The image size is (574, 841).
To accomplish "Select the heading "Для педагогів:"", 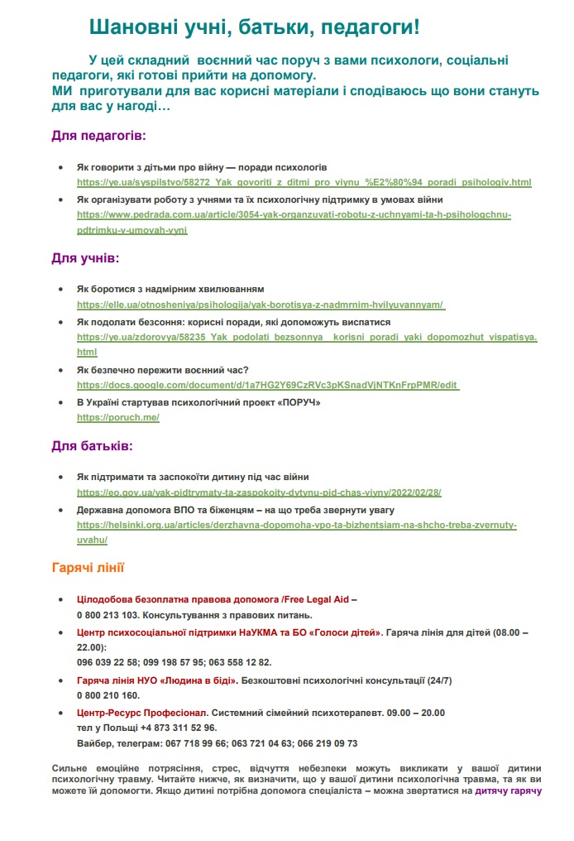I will (x=98, y=134).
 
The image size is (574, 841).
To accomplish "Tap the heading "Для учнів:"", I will (x=86, y=258).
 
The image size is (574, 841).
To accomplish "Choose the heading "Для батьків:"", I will (x=92, y=446).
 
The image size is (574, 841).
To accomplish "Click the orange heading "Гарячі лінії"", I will (x=88, y=568).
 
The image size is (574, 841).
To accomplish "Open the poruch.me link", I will (x=118, y=417).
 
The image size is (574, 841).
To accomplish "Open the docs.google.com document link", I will (x=268, y=385).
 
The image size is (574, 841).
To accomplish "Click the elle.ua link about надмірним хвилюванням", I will (x=261, y=305).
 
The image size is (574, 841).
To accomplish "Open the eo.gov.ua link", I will (x=259, y=492).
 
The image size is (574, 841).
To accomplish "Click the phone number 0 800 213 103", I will (x=107, y=614).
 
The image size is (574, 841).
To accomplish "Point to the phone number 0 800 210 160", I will (x=107, y=695).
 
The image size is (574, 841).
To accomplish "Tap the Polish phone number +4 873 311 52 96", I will (x=179, y=728).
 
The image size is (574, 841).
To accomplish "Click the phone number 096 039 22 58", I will (x=108, y=662).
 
